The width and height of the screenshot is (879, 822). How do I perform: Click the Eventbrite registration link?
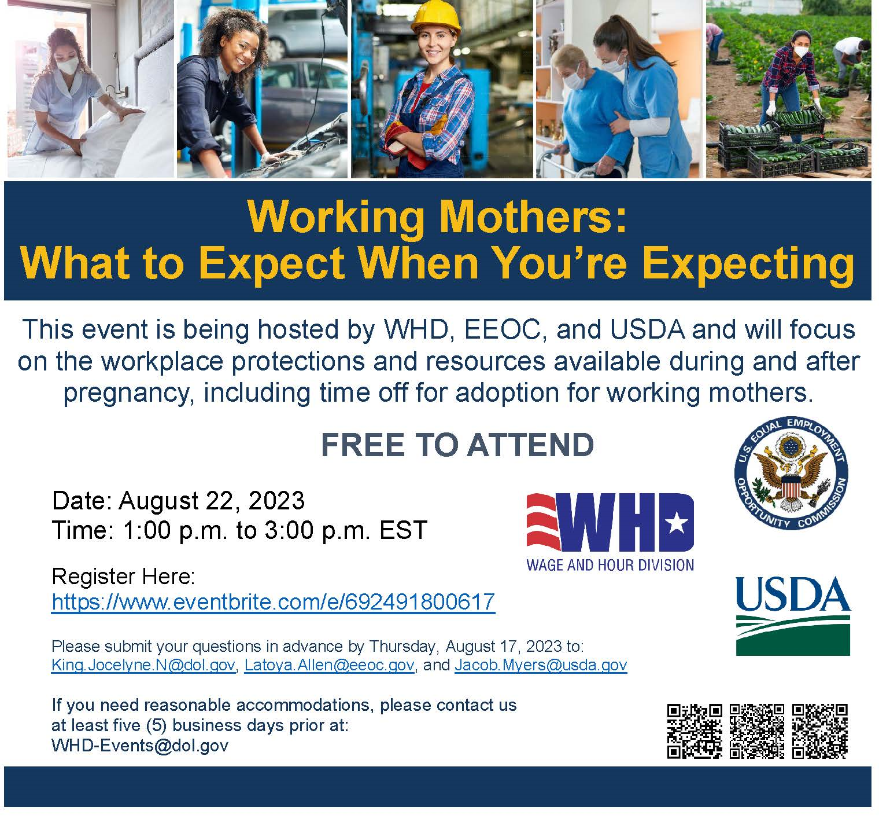click(x=273, y=602)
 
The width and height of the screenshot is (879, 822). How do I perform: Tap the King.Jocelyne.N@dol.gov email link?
click(x=143, y=665)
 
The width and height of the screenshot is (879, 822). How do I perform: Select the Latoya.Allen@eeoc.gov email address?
click(x=329, y=665)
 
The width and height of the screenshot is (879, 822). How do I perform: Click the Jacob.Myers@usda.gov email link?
click(x=541, y=665)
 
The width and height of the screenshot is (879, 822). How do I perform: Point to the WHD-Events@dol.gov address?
click(x=140, y=745)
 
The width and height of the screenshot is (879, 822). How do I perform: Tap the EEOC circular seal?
click(x=791, y=474)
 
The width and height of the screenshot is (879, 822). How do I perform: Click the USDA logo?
click(x=793, y=615)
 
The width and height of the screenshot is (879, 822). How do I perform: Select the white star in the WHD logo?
click(x=677, y=524)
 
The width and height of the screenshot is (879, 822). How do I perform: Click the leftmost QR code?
click(x=695, y=731)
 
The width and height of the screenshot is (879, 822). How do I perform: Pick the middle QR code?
click(x=757, y=731)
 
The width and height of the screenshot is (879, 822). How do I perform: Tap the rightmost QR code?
click(x=820, y=731)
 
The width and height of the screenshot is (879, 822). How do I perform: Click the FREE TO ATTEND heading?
click(x=457, y=445)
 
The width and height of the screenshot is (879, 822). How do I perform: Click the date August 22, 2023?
click(x=212, y=501)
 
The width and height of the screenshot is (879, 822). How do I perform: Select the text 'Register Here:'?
click(x=124, y=577)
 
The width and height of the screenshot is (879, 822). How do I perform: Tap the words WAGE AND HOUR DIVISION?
click(x=610, y=564)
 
